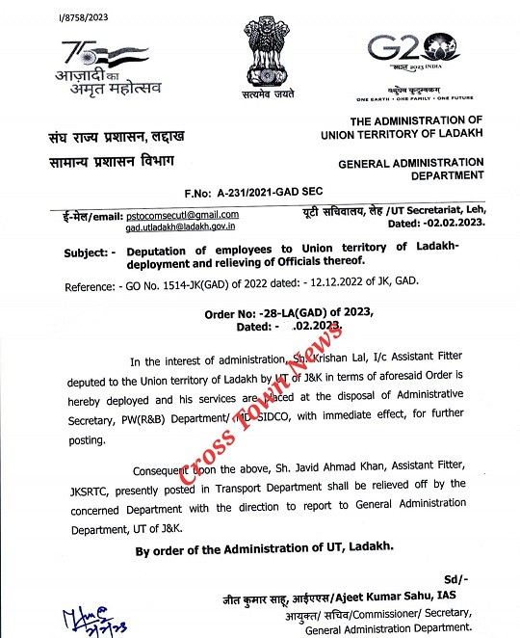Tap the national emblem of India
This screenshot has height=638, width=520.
[266, 57]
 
